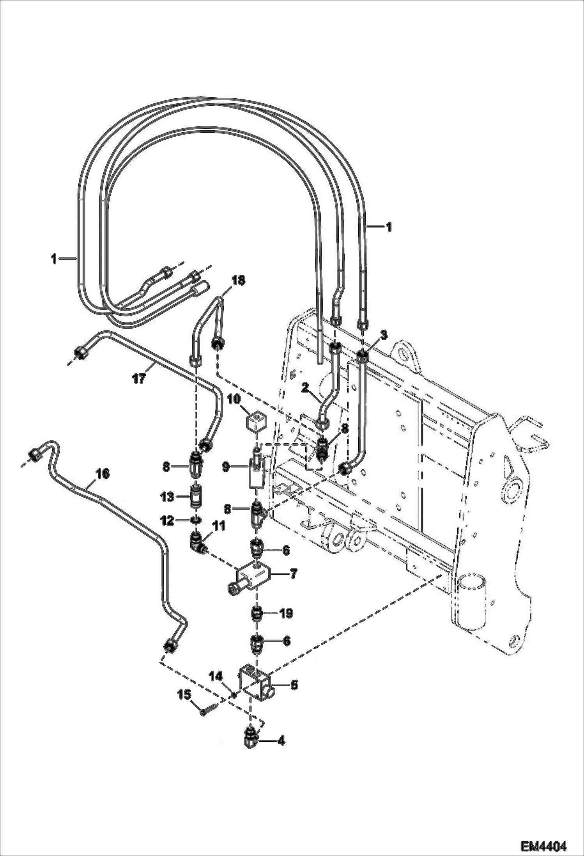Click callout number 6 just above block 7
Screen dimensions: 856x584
tap(286, 551)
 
